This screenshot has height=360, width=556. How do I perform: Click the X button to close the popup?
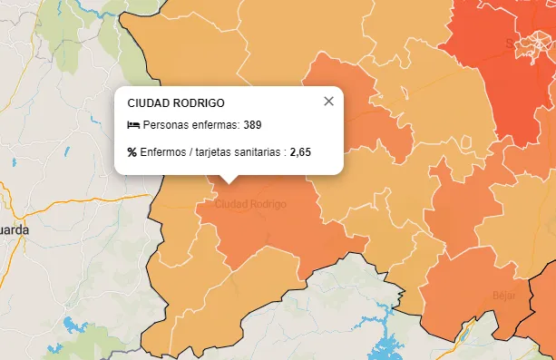point(329,101)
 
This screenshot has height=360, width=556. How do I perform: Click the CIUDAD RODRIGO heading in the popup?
point(176,103)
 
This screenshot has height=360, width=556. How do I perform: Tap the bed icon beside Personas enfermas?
point(133,124)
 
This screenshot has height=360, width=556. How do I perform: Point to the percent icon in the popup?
point(132,152)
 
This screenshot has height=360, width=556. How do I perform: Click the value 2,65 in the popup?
point(300,152)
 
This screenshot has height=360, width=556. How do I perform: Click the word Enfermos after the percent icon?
point(161,152)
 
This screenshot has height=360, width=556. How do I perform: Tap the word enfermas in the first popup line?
point(214,124)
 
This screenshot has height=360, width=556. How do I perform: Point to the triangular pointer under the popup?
point(229,179)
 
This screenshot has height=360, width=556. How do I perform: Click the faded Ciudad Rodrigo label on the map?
point(249,204)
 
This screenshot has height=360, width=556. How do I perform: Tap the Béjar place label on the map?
point(503,295)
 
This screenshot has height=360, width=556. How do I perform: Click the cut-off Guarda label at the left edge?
point(14,229)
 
